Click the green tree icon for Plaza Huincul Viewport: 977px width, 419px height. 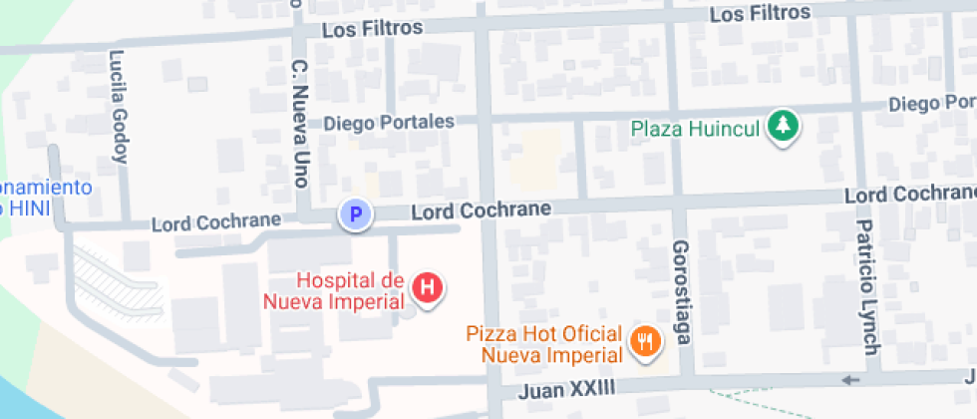click(x=787, y=127)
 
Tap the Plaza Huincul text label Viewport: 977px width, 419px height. click(x=696, y=128)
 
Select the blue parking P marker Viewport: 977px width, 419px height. click(x=354, y=213)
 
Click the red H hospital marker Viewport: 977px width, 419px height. click(x=428, y=288)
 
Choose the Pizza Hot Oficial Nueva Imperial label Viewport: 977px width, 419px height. click(x=550, y=344)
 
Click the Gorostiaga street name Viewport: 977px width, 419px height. click(x=682, y=291)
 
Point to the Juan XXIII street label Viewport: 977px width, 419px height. click(x=566, y=388)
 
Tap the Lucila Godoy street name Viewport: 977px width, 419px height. click(x=120, y=106)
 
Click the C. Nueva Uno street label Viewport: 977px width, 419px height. click(x=299, y=124)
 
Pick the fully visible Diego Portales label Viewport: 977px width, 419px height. click(x=389, y=122)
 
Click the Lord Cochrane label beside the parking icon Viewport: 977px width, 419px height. click(x=481, y=210)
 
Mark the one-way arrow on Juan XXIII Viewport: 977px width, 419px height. click(x=849, y=380)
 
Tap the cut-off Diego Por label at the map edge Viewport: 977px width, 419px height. click(x=931, y=104)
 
